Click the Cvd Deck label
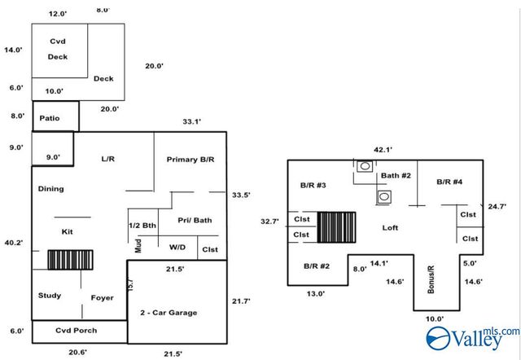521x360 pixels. [x=58, y=49]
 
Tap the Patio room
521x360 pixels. [x=50, y=118]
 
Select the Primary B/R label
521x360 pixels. [x=190, y=159]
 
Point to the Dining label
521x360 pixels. [x=50, y=189]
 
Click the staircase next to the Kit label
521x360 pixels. [x=69, y=261]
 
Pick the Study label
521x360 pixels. [x=50, y=296]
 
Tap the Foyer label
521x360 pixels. [x=102, y=298]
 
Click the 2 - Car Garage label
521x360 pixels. [x=169, y=313]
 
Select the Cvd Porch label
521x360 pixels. [x=76, y=331]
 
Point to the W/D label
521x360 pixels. [x=177, y=247]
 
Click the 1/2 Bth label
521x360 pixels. [x=142, y=225]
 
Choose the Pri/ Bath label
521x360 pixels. [x=195, y=220]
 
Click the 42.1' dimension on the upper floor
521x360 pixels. [x=383, y=150]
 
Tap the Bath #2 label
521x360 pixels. [x=396, y=175]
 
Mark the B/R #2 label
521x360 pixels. [x=316, y=266]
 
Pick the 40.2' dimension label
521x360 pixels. [x=14, y=244]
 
